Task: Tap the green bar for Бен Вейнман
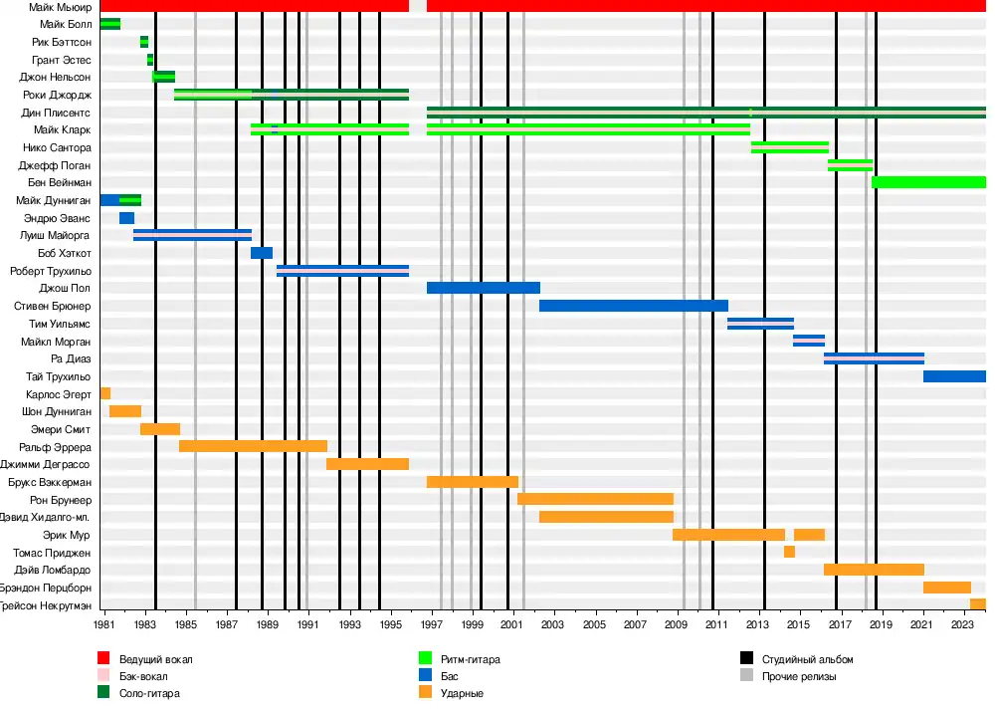pos(927,182)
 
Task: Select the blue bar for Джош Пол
pos(483,288)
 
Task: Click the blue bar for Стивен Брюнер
pos(633,306)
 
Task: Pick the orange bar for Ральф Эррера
pos(253,446)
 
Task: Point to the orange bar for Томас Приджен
pos(789,552)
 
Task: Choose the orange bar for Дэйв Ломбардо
pos(874,570)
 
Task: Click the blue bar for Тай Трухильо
pos(953,376)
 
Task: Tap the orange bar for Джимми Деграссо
pos(367,464)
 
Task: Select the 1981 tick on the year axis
pos(104,624)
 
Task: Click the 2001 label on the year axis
pos(512,624)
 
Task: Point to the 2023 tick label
pos(962,624)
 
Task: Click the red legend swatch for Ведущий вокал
pos(102,659)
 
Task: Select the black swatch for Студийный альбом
pos(746,659)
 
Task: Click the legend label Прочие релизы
pos(799,676)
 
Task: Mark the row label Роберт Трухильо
pos(51,271)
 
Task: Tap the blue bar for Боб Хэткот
pos(262,253)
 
